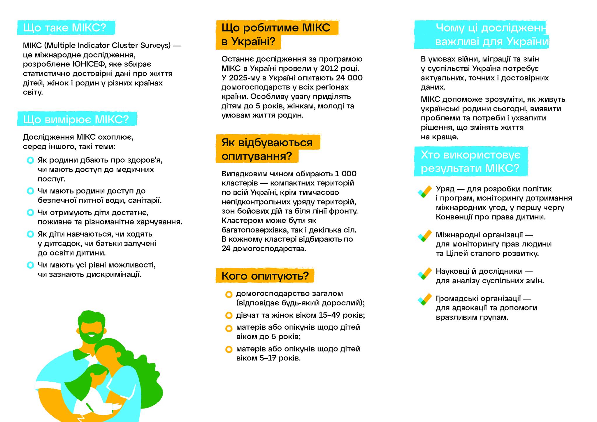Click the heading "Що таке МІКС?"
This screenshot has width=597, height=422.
pyautogui.click(x=64, y=28)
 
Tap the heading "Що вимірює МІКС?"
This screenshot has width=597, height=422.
pyautogui.click(x=76, y=119)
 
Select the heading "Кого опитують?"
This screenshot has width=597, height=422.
pyautogui.click(x=265, y=276)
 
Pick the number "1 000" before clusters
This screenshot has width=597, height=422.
pyautogui.click(x=345, y=174)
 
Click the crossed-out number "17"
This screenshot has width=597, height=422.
pyautogui.click(x=272, y=358)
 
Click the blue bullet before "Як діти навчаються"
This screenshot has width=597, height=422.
pyautogui.click(x=30, y=234)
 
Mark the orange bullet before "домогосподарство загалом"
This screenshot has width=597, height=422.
pyautogui.click(x=229, y=294)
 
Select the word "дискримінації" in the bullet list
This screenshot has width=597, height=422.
pyautogui.click(x=114, y=275)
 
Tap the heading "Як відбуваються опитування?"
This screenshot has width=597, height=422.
pyautogui.click(x=266, y=149)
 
